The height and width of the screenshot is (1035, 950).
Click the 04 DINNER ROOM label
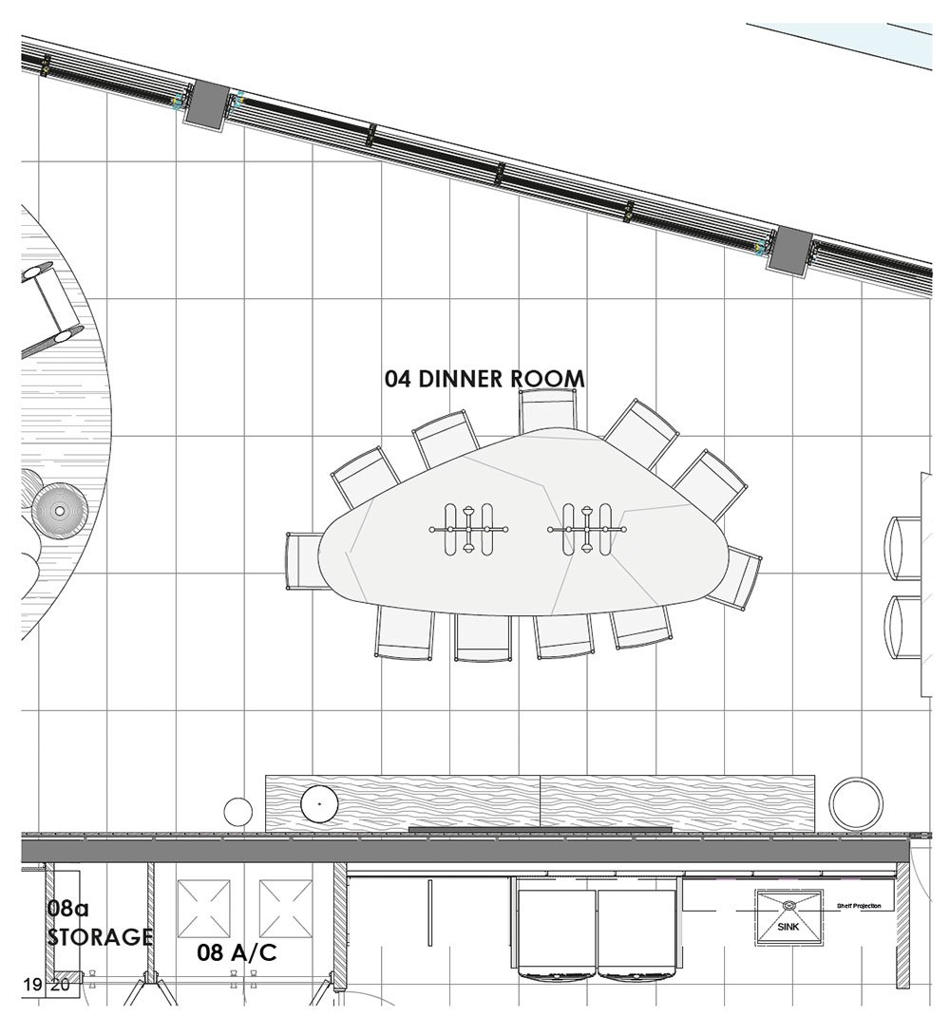pos(484,379)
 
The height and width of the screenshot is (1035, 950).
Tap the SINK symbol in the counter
pos(788,918)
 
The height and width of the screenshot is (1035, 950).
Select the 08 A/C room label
pos(237,952)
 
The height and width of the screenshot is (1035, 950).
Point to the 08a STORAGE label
pos(99,922)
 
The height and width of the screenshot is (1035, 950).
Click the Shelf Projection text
pos(858,906)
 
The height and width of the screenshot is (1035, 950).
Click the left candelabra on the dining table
pos(468,530)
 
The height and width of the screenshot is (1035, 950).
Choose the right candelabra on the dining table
pos(587,530)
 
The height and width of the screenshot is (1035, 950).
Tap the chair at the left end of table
pos(304,561)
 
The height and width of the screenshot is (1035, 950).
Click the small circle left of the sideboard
pos(237,811)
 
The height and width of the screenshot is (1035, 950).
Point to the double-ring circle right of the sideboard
pos(856,804)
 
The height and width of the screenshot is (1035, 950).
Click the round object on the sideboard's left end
pos(319,804)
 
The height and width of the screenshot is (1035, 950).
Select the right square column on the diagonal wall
pos(788,250)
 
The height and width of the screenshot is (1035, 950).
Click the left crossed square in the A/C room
pos(204,909)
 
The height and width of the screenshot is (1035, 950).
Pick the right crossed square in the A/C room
pos(285,909)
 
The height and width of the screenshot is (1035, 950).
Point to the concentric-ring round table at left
pos(60,511)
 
